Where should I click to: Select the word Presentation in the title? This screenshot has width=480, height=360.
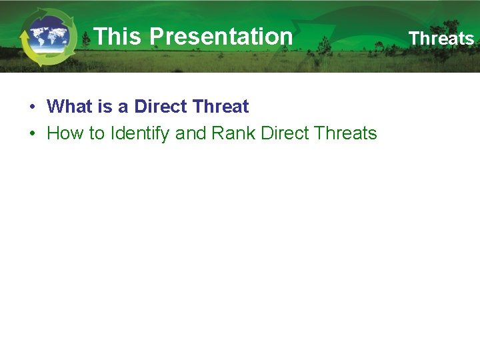click(x=221, y=37)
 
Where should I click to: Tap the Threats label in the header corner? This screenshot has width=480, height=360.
click(x=441, y=39)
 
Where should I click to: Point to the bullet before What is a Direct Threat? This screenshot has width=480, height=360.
click(x=32, y=107)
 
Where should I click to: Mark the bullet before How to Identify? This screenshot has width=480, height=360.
click(x=32, y=134)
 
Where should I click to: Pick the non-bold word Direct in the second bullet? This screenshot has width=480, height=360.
click(x=285, y=133)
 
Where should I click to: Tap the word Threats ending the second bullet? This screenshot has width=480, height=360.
click(x=345, y=133)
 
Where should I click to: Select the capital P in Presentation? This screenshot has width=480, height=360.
click(x=156, y=37)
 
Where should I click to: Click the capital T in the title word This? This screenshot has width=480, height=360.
click(x=99, y=37)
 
